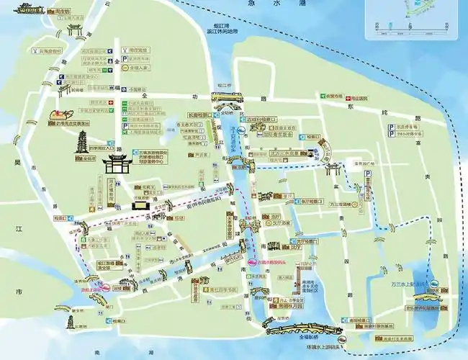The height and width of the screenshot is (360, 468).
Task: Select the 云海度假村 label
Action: (x=48, y=52)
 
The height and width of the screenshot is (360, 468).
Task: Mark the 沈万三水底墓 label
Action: (x=285, y=153)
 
